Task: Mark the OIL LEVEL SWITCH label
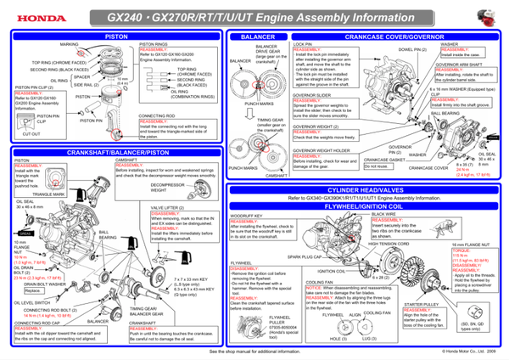(33, 300)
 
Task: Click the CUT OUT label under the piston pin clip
(31, 133)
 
